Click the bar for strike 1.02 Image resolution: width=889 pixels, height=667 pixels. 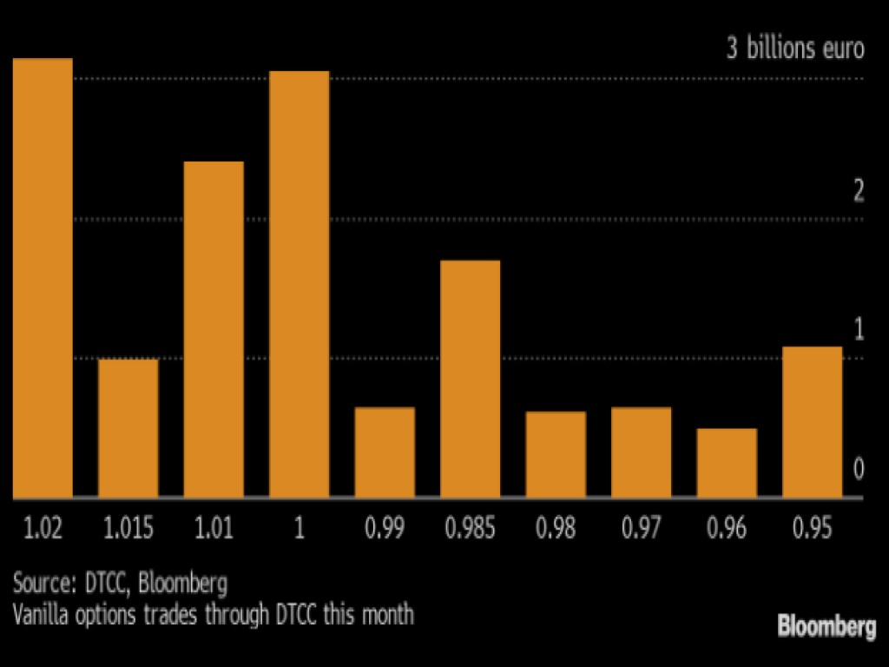(42, 278)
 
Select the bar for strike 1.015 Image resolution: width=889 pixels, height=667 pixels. (128, 428)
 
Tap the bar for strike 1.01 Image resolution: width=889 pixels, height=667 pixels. (214, 329)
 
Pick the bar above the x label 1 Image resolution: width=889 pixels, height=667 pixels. (300, 284)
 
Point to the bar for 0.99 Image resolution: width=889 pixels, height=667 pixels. (385, 452)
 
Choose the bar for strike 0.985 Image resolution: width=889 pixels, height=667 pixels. (471, 379)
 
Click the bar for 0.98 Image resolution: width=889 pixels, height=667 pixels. (556, 454)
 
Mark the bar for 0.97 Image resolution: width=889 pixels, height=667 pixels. (642, 452)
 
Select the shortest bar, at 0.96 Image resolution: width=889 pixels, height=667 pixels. (728, 463)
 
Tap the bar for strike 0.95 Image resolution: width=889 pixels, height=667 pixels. (813, 422)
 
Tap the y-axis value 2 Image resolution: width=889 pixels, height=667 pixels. (859, 192)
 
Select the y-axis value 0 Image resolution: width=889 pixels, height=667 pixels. (859, 470)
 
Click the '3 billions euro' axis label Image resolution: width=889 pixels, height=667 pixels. (795, 49)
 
